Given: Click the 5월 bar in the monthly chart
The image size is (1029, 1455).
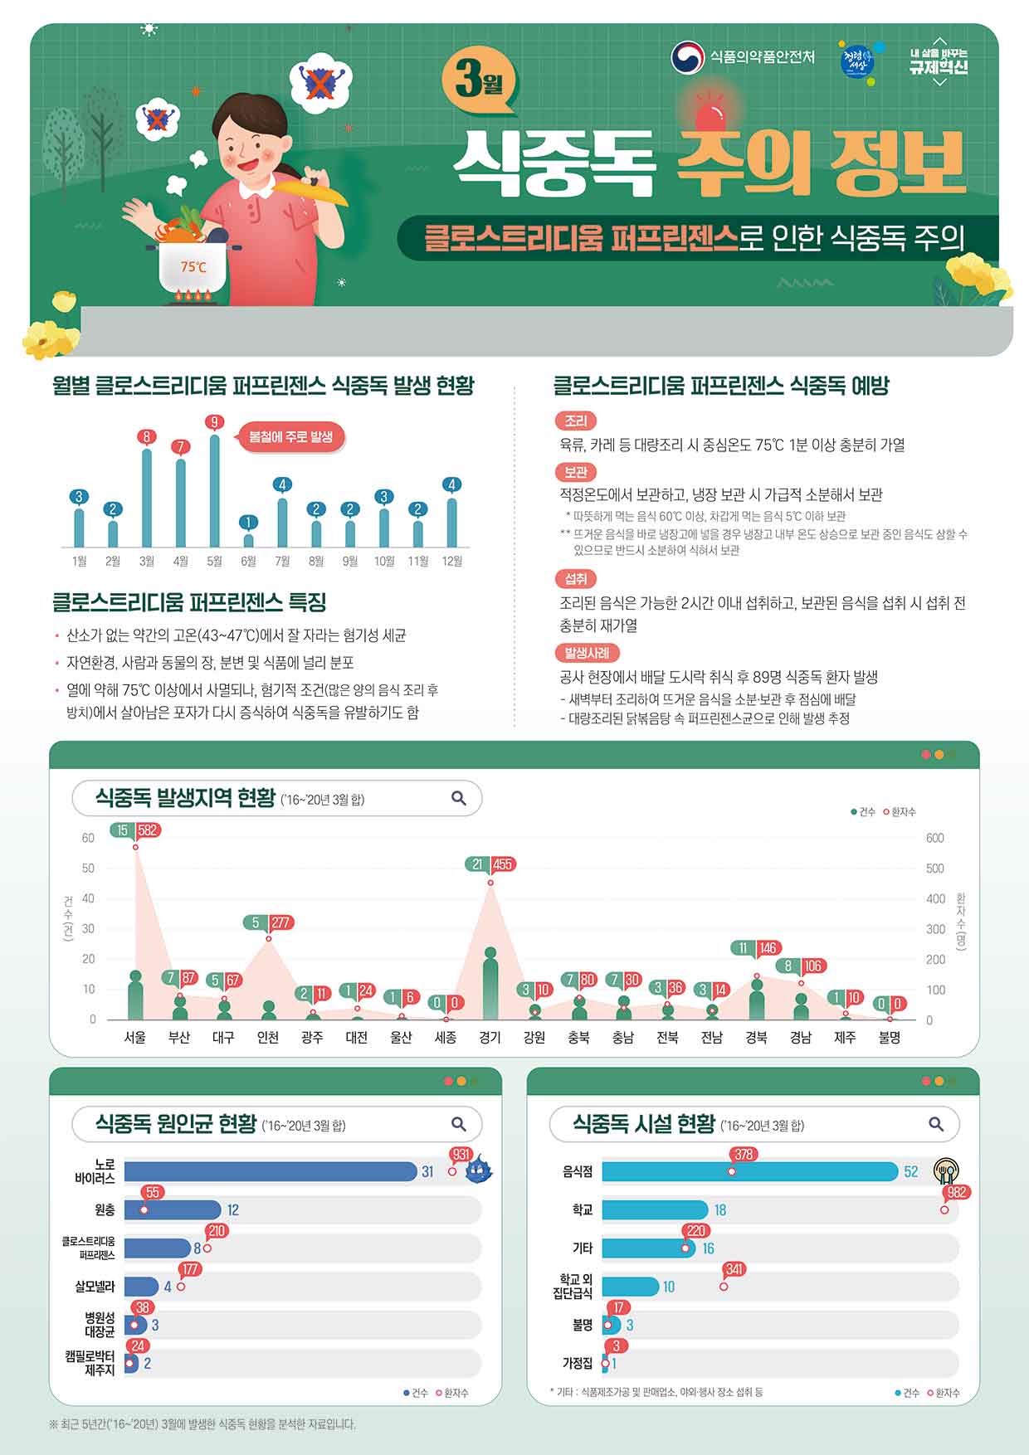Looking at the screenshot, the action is tap(214, 490).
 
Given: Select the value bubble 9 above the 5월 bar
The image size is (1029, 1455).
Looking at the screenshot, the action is tap(214, 422).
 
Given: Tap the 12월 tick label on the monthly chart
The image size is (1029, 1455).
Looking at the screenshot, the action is tap(451, 562).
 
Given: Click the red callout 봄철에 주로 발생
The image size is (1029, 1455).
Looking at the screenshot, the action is tap(290, 436).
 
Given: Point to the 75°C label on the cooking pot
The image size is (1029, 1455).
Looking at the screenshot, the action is tap(193, 267).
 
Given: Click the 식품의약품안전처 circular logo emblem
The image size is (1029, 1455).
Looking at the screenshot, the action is tap(687, 57).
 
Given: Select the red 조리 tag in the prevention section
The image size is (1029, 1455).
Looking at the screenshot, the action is tap(575, 421).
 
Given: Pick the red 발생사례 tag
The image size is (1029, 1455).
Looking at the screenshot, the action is tap(587, 652).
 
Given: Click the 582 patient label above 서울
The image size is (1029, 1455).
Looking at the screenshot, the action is tap(148, 830).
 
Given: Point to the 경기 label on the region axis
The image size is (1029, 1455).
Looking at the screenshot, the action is tap(490, 1037).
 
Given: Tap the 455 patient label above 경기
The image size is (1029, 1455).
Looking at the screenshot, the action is tap(502, 864).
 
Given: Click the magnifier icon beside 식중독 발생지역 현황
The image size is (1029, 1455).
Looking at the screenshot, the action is tap(458, 798).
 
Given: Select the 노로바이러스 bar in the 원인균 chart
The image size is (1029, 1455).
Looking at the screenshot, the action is tap(271, 1171).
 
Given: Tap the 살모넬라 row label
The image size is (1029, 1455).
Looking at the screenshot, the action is tap(95, 1287).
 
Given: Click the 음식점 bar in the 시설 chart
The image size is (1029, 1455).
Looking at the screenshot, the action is tap(750, 1171).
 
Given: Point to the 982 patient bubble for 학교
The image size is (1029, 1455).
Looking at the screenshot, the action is tap(958, 1193).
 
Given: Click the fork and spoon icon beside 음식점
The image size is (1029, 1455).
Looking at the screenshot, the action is tap(946, 1170).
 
